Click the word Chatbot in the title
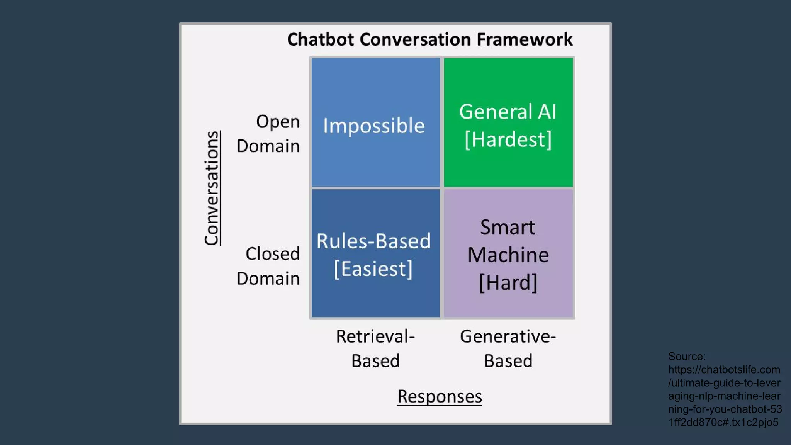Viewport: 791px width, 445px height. tap(320, 39)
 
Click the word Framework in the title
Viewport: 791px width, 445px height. tap(525, 39)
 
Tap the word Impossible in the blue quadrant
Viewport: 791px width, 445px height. tap(374, 126)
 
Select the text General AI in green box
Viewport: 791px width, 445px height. tap(508, 112)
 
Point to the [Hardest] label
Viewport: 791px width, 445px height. tap(508, 139)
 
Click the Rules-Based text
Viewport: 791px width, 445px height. tap(373, 241)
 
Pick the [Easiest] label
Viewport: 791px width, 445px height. tap(373, 269)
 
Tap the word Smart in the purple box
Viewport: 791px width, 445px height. tap(508, 227)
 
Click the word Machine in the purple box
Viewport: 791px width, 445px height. tap(508, 255)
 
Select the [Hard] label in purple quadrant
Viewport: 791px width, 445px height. tap(508, 283)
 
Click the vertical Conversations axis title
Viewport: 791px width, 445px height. tap(212, 188)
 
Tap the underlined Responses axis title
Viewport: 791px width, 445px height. tap(440, 396)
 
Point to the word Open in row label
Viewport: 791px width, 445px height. tap(278, 121)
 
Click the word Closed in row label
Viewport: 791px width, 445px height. tap(272, 254)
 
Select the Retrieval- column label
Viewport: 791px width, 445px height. tap(375, 336)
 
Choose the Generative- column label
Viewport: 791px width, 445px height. tap(508, 336)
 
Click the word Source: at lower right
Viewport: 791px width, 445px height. tap(687, 356)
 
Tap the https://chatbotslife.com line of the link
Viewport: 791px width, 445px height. tap(724, 370)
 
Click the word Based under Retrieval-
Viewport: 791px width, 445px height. tap(375, 361)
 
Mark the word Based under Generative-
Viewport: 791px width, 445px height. tap(508, 361)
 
